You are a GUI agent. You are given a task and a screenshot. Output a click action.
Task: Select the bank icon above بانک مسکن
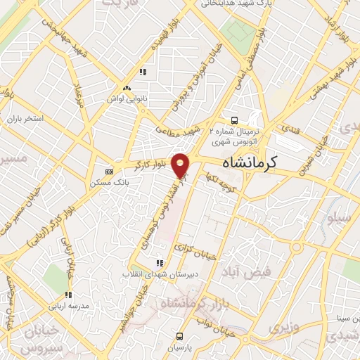click(109, 171)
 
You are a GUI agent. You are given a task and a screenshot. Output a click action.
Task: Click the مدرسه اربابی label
click(67, 307)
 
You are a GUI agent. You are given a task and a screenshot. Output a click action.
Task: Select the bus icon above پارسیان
click(181, 336)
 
